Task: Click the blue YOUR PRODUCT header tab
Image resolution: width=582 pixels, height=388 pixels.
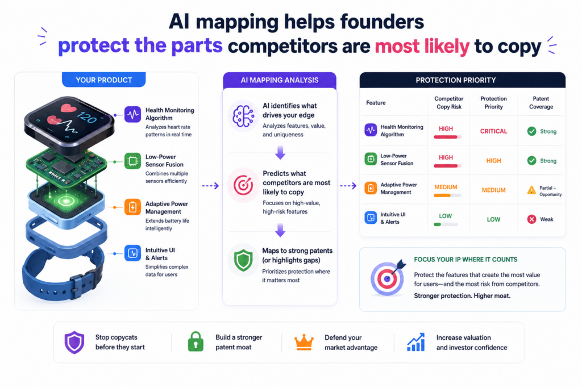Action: pyautogui.click(x=103, y=80)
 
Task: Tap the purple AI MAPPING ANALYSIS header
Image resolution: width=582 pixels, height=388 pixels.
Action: pyautogui.click(x=280, y=80)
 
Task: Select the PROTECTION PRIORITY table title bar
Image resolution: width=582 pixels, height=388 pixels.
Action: pyautogui.click(x=463, y=80)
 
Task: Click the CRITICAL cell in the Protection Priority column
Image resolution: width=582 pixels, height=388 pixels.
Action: pyautogui.click(x=493, y=131)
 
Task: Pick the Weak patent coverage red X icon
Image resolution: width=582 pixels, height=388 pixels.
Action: pyautogui.click(x=531, y=219)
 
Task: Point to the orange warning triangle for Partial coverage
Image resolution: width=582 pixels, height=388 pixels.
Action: pyautogui.click(x=531, y=190)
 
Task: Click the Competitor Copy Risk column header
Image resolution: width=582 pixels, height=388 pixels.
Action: pyautogui.click(x=449, y=103)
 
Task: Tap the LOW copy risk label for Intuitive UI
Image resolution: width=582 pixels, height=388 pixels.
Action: pyautogui.click(x=446, y=216)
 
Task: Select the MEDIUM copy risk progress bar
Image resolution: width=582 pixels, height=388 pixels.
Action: pyautogui.click(x=448, y=195)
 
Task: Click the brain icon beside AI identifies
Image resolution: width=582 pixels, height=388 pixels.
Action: pyautogui.click(x=243, y=116)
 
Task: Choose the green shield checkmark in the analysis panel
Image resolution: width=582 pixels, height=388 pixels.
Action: pyautogui.click(x=243, y=260)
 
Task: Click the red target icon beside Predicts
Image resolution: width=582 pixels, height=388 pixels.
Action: pyautogui.click(x=243, y=185)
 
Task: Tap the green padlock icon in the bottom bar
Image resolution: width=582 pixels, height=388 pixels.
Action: pyautogui.click(x=196, y=341)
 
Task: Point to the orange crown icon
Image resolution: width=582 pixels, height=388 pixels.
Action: pyautogui.click(x=304, y=342)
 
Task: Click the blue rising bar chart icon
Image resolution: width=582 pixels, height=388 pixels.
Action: pyautogui.click(x=415, y=342)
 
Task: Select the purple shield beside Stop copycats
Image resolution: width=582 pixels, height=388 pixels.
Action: pyautogui.click(x=74, y=342)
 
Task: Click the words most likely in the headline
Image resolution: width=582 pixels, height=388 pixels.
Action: pyautogui.click(x=422, y=47)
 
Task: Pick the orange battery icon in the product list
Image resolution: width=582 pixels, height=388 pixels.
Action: pyautogui.click(x=132, y=207)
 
